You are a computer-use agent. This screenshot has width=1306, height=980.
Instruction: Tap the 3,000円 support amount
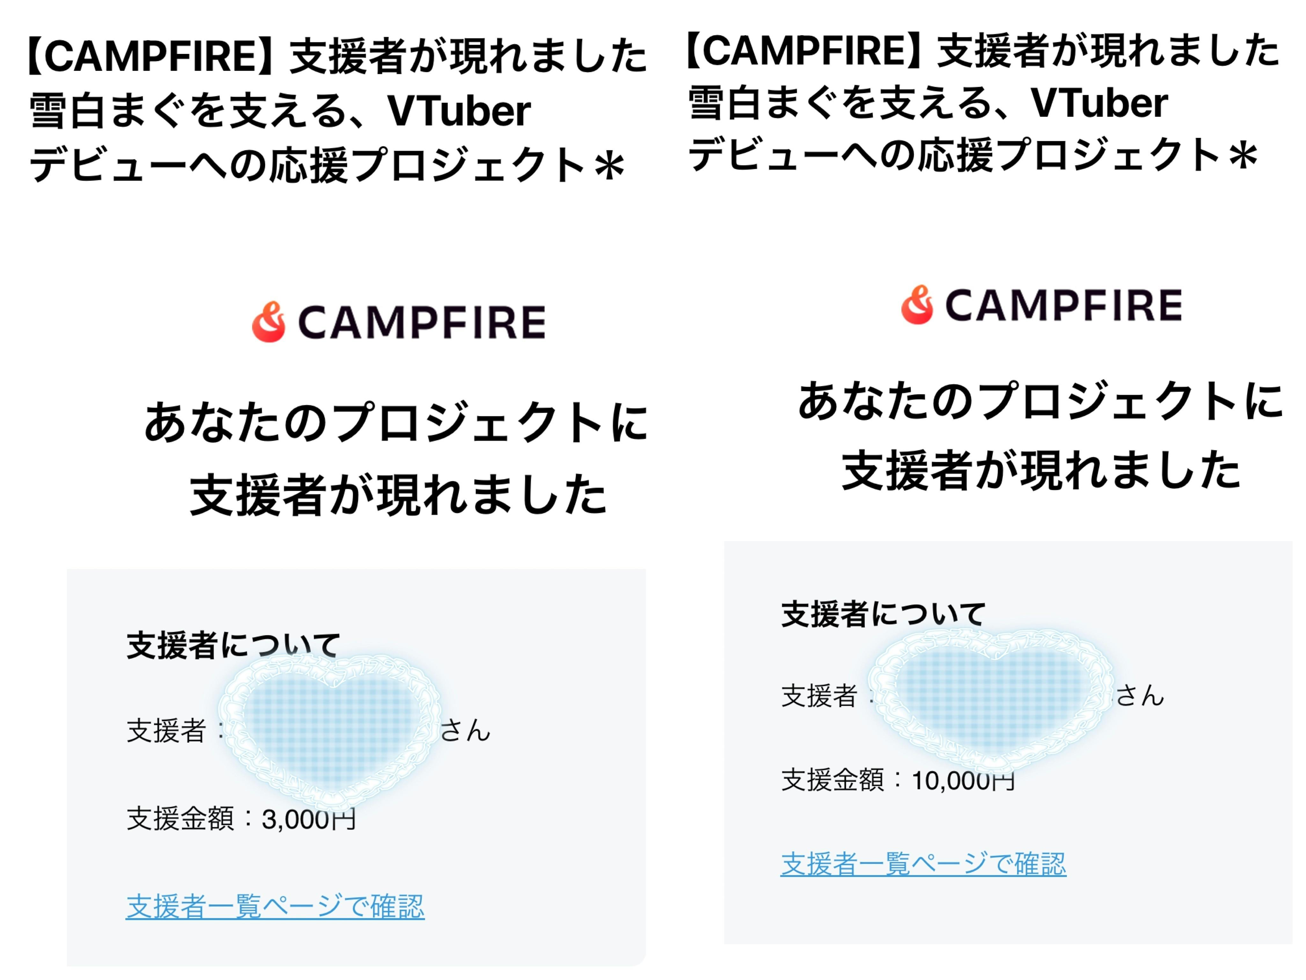[x=308, y=819]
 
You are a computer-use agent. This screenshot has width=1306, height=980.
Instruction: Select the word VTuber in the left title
[x=459, y=111]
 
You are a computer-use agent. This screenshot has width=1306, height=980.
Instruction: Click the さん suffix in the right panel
[x=1140, y=695]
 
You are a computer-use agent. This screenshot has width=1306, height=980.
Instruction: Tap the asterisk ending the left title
[x=609, y=167]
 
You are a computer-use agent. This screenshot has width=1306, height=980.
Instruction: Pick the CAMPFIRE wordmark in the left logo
[x=422, y=323]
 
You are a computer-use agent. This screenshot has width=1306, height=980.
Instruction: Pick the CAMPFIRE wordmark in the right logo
[x=1063, y=305]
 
